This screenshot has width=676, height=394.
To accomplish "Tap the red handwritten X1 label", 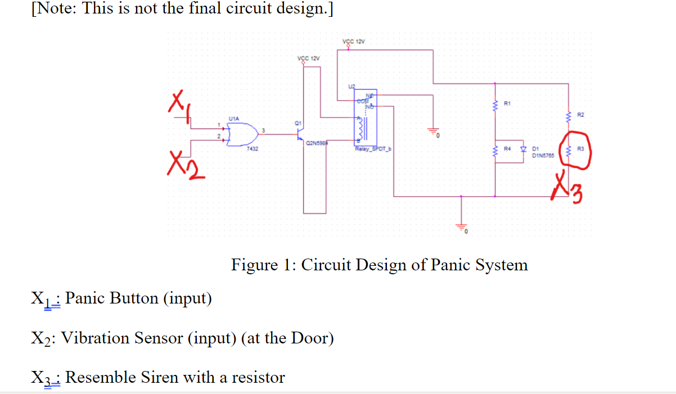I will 177,105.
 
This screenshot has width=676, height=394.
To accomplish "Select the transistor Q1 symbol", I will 300,135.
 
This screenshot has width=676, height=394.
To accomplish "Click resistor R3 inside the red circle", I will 569,150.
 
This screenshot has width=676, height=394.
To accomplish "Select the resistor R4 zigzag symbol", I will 495,150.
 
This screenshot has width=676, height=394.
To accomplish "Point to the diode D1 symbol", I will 523,150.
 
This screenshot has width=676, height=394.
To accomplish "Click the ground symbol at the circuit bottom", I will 462,228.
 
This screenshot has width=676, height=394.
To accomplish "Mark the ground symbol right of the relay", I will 433,132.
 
